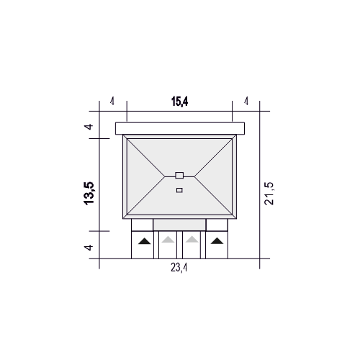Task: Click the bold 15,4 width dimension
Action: tap(180, 102)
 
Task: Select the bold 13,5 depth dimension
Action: tap(89, 194)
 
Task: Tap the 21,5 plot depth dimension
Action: tap(269, 194)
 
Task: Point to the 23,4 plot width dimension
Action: tap(179, 267)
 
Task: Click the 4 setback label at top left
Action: tap(112, 102)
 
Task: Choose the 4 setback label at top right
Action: tap(246, 102)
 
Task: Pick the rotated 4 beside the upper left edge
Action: tap(89, 127)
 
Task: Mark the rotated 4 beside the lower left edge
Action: tap(89, 247)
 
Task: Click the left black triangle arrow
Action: tap(145, 241)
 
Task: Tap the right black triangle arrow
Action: tap(217, 241)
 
